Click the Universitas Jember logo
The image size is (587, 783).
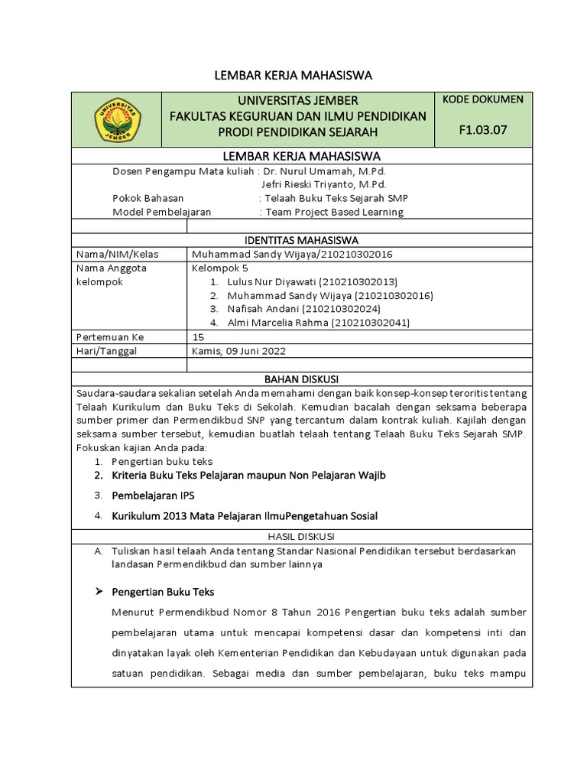tap(116, 119)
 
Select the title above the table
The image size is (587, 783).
tap(291, 75)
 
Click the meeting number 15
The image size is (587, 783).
tap(198, 336)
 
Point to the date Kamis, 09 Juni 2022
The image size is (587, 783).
tap(238, 350)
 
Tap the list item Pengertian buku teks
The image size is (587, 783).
tap(161, 462)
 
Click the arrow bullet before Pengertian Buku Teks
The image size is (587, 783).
tap(98, 592)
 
